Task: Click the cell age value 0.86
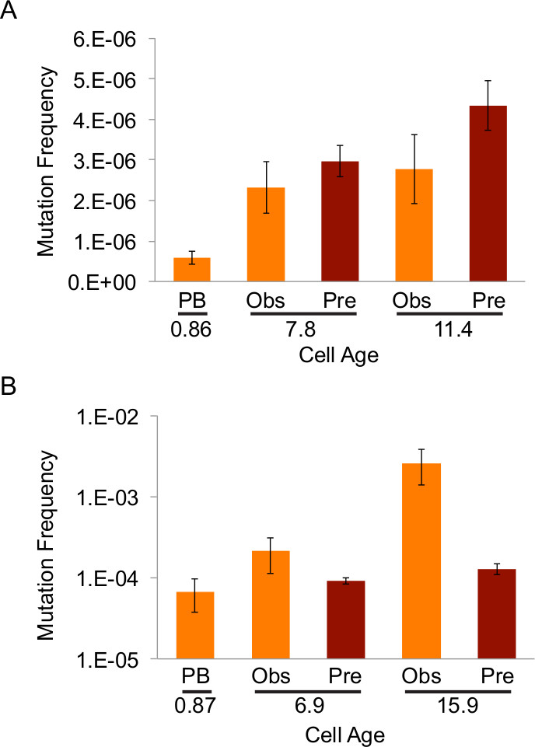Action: point(191,333)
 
